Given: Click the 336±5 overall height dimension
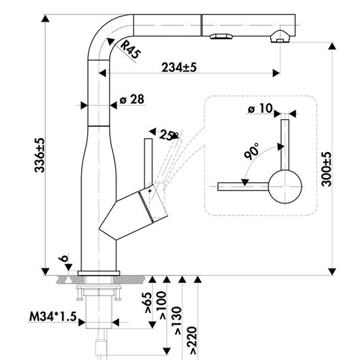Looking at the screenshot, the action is click(39, 155).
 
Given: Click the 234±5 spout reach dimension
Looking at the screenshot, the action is click(179, 67).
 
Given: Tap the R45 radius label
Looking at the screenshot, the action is click(130, 49).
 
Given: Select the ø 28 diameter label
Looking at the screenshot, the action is click(132, 99).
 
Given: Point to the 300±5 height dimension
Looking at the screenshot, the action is click(327, 169).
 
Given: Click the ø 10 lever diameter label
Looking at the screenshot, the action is click(260, 109).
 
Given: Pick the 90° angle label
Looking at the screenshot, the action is click(251, 151).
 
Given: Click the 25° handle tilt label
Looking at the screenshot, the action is click(169, 135).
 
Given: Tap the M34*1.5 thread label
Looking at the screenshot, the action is click(53, 317).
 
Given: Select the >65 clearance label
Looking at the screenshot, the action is click(148, 302).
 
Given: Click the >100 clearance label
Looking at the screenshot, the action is click(162, 305).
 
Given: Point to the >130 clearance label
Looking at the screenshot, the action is click(178, 321).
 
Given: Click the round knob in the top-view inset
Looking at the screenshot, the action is click(285, 187).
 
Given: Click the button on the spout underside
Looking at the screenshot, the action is click(221, 37).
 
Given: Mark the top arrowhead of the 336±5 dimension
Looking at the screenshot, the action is click(45, 18).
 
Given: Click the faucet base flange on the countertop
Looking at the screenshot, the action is click(99, 273).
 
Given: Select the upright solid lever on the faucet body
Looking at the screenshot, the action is click(148, 164).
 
